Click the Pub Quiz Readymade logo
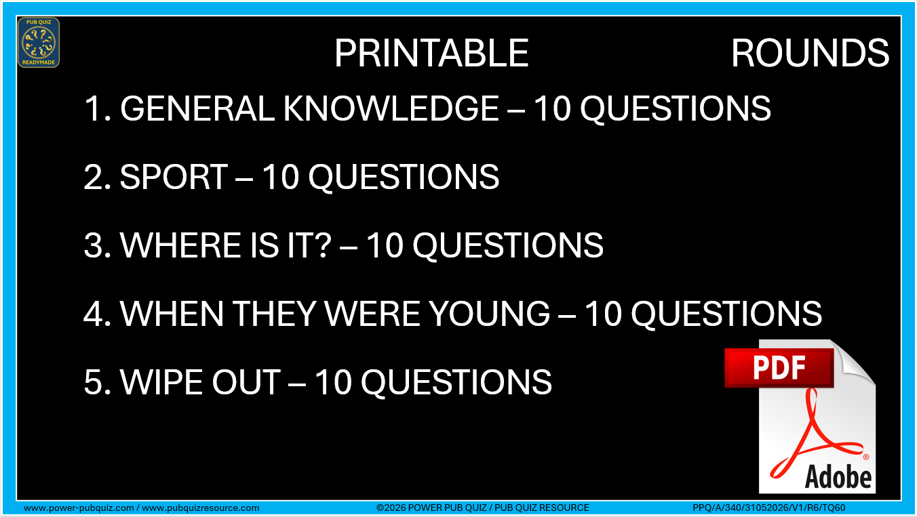click(39, 43)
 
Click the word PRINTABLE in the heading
click(432, 53)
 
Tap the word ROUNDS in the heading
click(810, 53)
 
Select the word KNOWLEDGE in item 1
click(391, 108)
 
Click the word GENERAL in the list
click(197, 108)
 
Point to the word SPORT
click(174, 177)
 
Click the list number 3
click(94, 245)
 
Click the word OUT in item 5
click(246, 382)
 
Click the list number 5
click(94, 382)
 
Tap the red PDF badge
click(779, 368)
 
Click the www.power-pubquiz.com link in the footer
click(79, 508)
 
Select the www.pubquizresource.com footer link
click(201, 508)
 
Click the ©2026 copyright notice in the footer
click(483, 508)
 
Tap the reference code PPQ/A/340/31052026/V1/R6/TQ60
click(769, 508)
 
